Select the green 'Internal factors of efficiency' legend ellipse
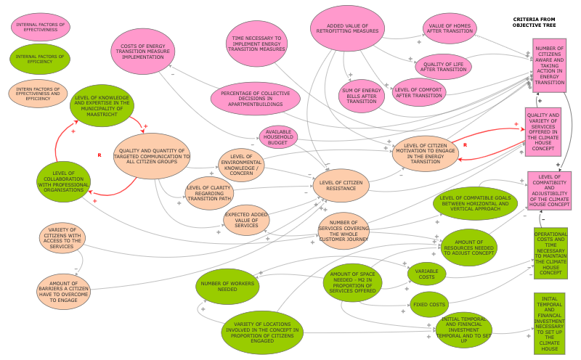click(x=39, y=60)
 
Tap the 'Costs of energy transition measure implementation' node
click(x=143, y=52)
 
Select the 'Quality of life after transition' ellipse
click(x=444, y=67)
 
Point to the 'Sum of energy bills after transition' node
click(x=361, y=95)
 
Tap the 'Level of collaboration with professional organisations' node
click(x=64, y=181)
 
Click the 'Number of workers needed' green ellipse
click(x=227, y=286)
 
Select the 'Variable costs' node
click(x=426, y=273)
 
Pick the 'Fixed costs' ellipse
click(x=428, y=304)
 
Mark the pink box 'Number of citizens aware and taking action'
click(x=549, y=66)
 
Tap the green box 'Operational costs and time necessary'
click(x=550, y=253)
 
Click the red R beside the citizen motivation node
click(x=464, y=145)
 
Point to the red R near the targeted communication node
click(x=99, y=155)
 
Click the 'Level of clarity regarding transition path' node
click(x=209, y=192)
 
